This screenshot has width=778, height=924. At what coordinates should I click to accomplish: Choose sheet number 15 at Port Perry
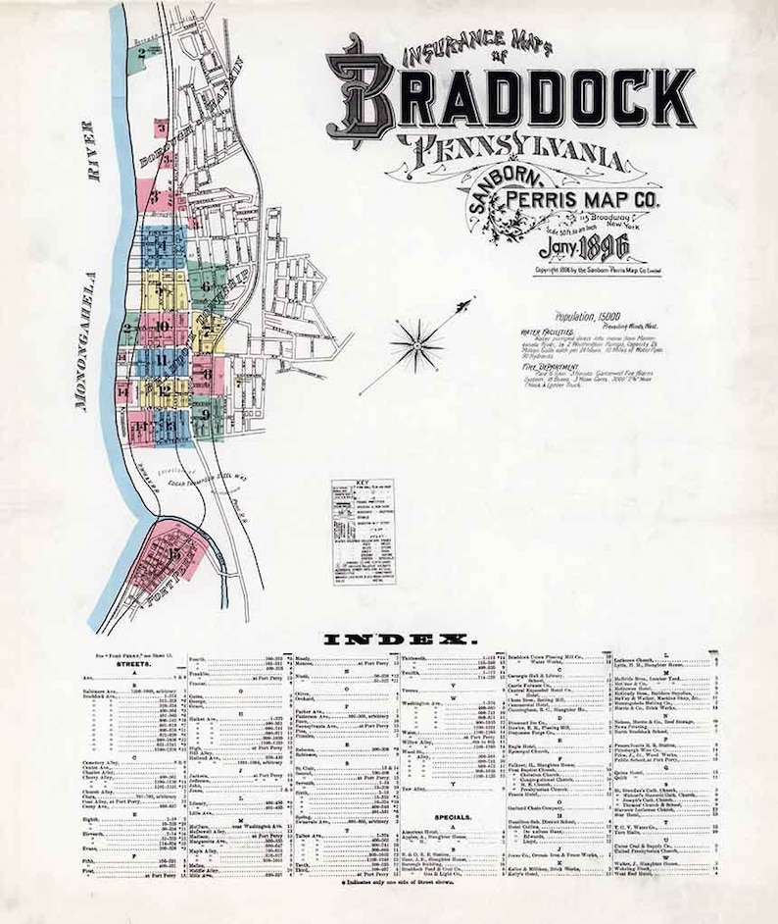tap(173, 555)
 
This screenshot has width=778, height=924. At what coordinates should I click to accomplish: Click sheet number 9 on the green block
tap(206, 413)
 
